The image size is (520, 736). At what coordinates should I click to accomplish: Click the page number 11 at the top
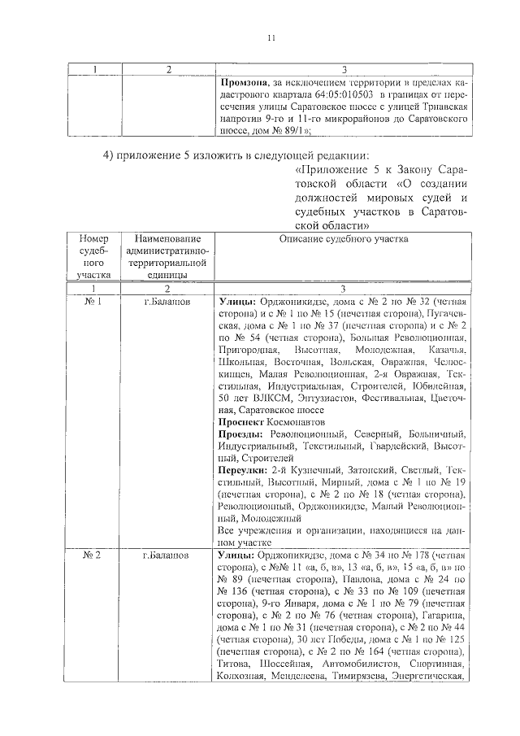[272, 37]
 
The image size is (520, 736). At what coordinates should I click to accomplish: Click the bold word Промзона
[245, 82]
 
